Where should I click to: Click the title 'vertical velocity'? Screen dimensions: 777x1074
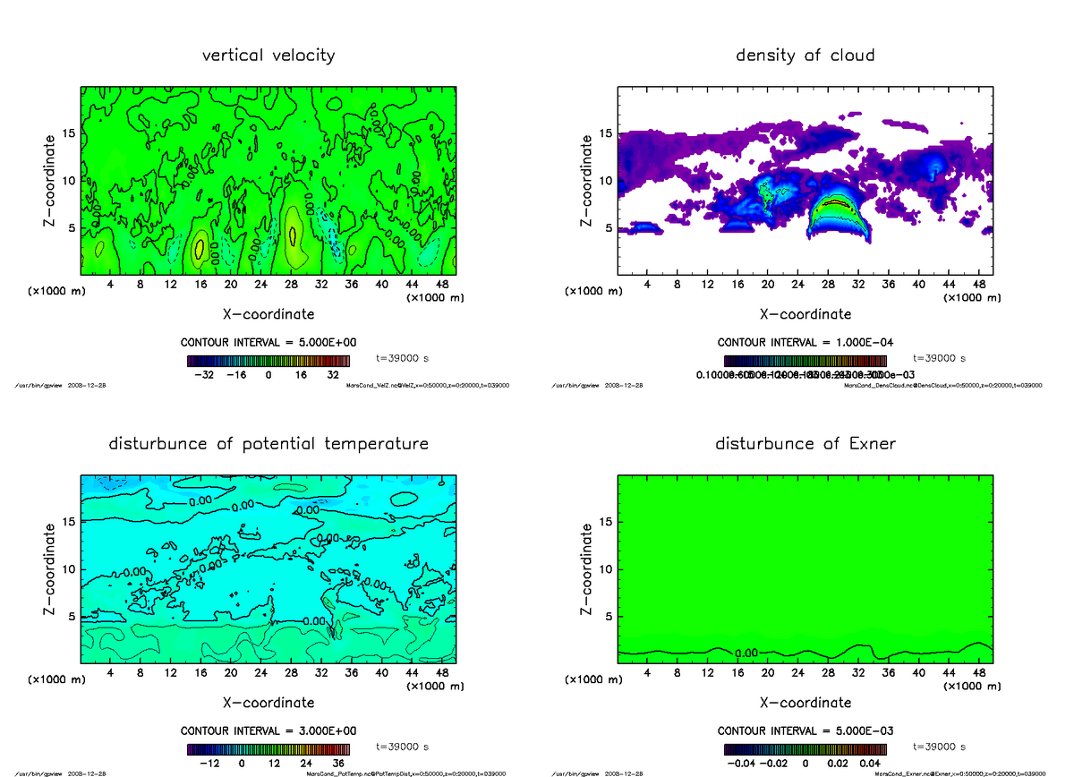(268, 55)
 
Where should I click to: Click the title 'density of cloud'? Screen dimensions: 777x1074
(805, 55)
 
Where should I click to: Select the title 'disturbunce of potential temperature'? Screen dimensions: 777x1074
(268, 444)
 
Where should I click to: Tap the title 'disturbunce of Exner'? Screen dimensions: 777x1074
(805, 444)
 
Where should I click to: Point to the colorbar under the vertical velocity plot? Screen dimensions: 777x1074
(268, 362)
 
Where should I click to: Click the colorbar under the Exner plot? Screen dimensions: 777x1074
(805, 750)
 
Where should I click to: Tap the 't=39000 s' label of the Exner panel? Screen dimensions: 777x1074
(939, 746)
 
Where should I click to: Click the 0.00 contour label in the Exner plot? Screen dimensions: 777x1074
(746, 653)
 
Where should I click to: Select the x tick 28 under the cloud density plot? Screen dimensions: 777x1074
(828, 285)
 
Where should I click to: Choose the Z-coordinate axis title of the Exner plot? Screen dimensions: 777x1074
(586, 568)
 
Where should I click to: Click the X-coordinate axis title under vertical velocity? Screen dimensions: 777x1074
(268, 314)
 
